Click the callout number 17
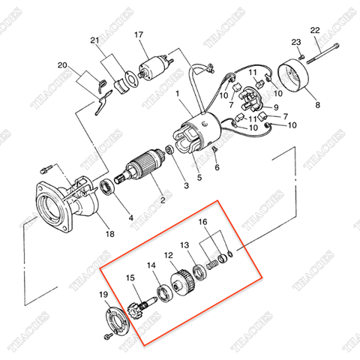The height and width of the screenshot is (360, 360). (x=139, y=35)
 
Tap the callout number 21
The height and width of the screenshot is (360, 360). (x=94, y=40)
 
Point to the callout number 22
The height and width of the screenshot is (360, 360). (x=315, y=29)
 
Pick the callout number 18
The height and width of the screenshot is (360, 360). (x=110, y=234)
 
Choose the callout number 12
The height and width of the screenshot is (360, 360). (x=169, y=255)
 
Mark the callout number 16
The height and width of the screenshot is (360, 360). (x=203, y=223)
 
